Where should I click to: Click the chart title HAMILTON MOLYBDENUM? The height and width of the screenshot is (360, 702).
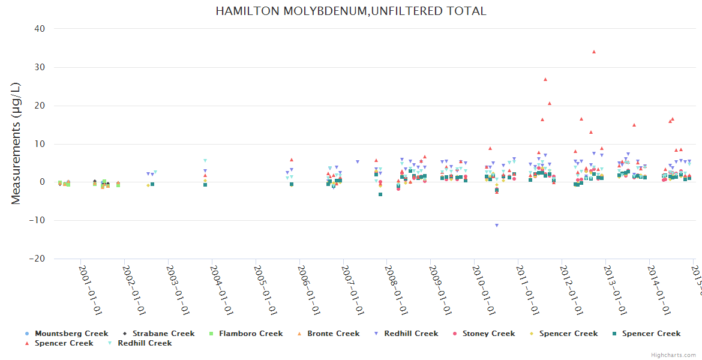[351, 11]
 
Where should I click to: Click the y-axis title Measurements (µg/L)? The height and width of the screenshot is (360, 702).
[16, 143]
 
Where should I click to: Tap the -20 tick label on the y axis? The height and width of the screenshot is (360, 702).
[39, 259]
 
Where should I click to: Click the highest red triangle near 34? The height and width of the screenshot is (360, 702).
[594, 52]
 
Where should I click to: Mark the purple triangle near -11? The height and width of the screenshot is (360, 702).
[497, 226]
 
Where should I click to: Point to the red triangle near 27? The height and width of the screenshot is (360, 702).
[545, 79]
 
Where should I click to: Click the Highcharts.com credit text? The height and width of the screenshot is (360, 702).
[673, 355]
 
